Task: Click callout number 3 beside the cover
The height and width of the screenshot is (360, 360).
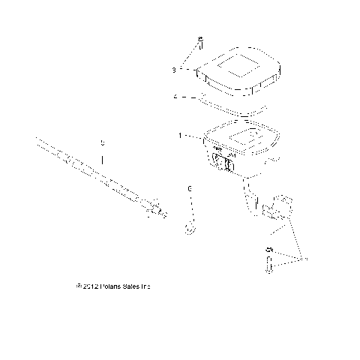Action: [174, 70]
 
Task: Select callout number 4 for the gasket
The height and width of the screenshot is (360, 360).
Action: [174, 97]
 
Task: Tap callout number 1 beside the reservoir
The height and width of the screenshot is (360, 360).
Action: [179, 136]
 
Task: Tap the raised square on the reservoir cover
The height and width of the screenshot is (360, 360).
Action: [239, 64]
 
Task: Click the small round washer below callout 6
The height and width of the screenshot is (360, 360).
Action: [190, 228]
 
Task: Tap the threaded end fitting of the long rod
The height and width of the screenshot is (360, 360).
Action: [156, 212]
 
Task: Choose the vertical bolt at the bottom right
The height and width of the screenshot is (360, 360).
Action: [268, 264]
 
